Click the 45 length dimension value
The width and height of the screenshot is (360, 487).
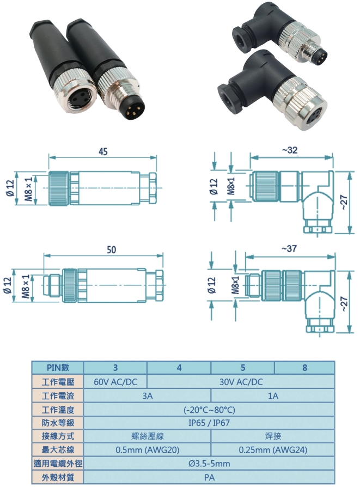[102, 152]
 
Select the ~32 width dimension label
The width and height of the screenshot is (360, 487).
[290, 151]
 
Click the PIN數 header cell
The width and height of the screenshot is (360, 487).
[57, 368]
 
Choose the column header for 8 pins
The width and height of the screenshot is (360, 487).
[304, 368]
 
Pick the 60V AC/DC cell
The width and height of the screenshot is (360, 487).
[115, 382]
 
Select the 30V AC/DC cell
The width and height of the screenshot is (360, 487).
[241, 382]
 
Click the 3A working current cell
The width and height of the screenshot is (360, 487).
[147, 396]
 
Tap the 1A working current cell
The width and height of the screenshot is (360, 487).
[273, 396]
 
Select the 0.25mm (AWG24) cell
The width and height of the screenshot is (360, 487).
[273, 450]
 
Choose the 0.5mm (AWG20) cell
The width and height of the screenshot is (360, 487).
[147, 450]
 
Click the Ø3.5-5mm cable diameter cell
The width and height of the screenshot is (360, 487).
[210, 464]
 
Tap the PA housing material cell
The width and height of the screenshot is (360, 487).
[210, 477]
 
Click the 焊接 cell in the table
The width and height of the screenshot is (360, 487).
[273, 436]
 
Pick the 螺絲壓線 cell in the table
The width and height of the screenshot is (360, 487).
[147, 436]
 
